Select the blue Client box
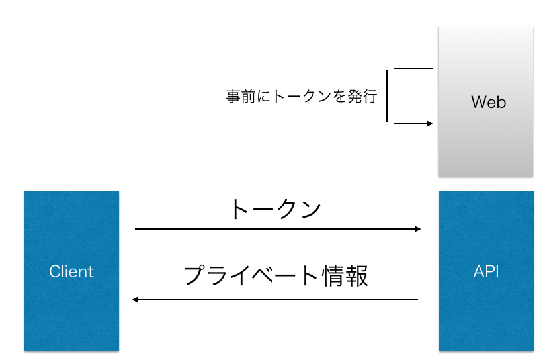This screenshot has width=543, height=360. coord(71,311)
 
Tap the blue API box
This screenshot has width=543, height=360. coord(486,311)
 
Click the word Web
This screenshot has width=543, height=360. coord(488,102)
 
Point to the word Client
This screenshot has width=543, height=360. coord(71,271)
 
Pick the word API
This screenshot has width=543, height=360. coord(486,271)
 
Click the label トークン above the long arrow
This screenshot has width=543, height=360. coord(274,209)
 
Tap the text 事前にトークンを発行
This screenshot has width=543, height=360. coord(301,97)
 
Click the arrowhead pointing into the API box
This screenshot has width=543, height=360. coord(417,229)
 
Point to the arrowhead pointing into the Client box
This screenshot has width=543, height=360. coord(136,300)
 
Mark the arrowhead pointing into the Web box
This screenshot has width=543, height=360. coord(429,124)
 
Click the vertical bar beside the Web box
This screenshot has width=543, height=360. coord(387,96)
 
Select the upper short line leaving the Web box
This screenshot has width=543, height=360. coord(412,68)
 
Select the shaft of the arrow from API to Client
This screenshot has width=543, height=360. coord(278,300)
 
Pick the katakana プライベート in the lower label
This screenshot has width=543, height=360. coord(251,275)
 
